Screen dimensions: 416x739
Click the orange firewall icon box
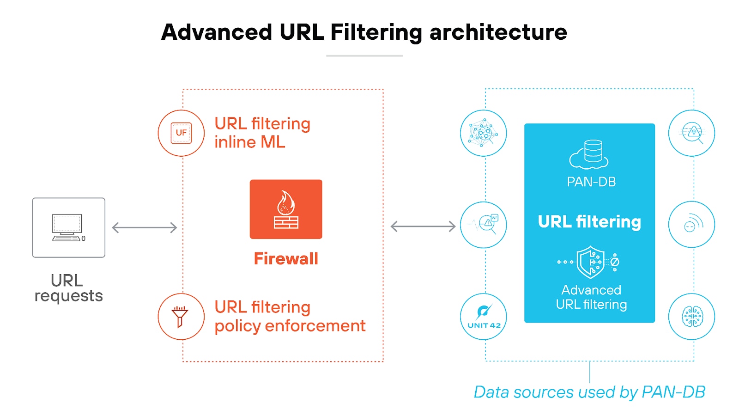coord(286,209)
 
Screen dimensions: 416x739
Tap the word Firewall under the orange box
coord(286,259)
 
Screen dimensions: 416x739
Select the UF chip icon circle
coord(181,133)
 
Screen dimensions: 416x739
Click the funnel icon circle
coord(181,317)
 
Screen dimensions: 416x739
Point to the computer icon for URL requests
coord(68,227)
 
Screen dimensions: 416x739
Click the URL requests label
coord(68,288)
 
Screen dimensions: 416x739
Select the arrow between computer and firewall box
coord(145,227)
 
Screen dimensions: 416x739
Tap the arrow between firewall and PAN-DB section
coord(423,226)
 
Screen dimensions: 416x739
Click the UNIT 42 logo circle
coord(484,317)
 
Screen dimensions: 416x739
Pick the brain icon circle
coord(692,317)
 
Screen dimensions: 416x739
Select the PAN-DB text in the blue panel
coord(591,182)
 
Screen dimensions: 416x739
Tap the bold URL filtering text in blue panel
coord(589,222)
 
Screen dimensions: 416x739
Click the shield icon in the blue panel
coord(590,262)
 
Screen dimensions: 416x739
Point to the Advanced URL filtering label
coord(591,297)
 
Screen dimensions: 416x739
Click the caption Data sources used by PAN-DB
coord(589,392)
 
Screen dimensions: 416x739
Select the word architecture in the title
coord(498,32)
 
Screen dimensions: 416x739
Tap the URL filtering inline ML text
coord(262,133)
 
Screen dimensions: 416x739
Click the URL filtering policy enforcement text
coord(290,317)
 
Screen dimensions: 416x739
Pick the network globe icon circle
coord(484,133)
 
